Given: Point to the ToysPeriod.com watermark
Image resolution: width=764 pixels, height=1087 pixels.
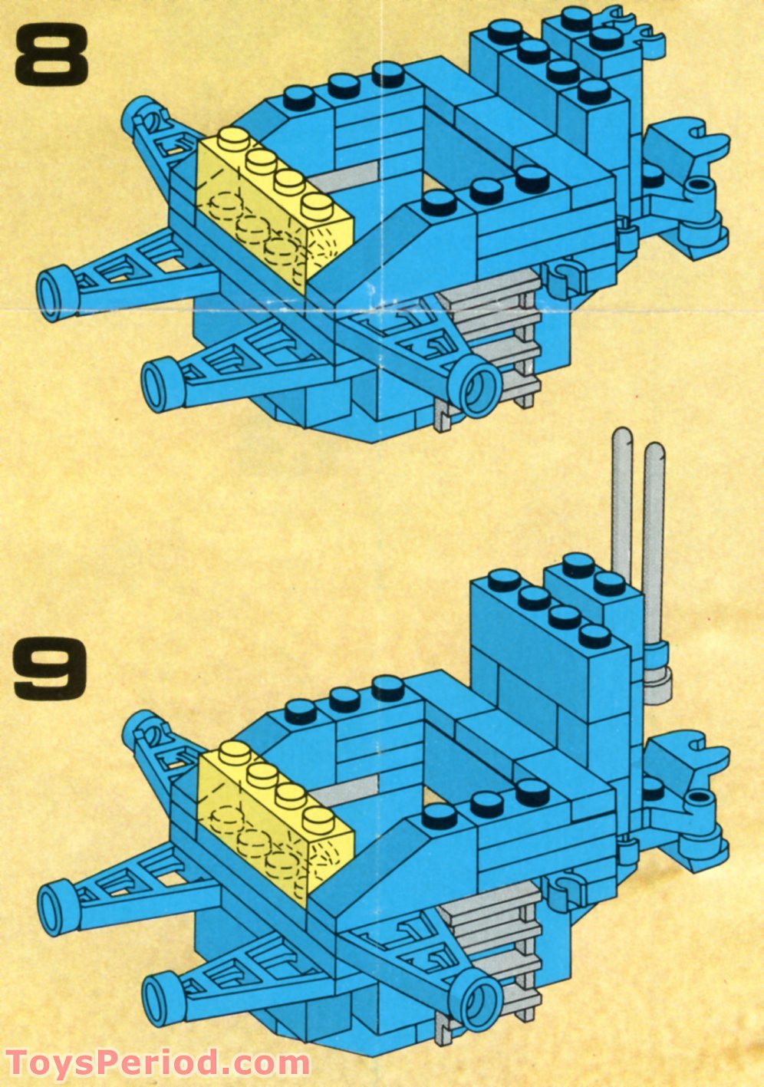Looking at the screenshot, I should (157, 1064).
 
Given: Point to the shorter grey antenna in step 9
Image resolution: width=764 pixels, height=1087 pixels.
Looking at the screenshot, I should (654, 537).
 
